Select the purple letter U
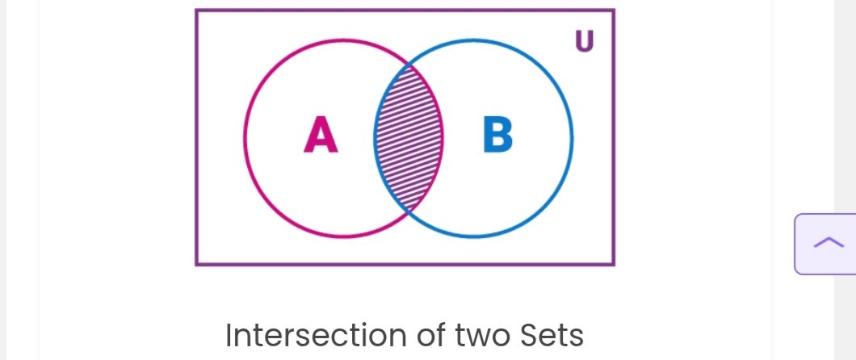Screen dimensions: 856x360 coord(584,41)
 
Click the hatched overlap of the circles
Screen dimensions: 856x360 coord(409,138)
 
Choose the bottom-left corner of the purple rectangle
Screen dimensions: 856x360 coord(196,265)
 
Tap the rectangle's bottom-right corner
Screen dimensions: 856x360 coord(614,265)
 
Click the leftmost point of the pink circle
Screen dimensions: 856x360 coord(245,138)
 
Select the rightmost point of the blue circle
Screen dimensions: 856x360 coord(572,138)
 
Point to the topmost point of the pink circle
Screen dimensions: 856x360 coord(343,40)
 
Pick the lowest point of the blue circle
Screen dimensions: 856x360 coord(473,237)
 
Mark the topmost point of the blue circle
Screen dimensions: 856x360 coord(473,40)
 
